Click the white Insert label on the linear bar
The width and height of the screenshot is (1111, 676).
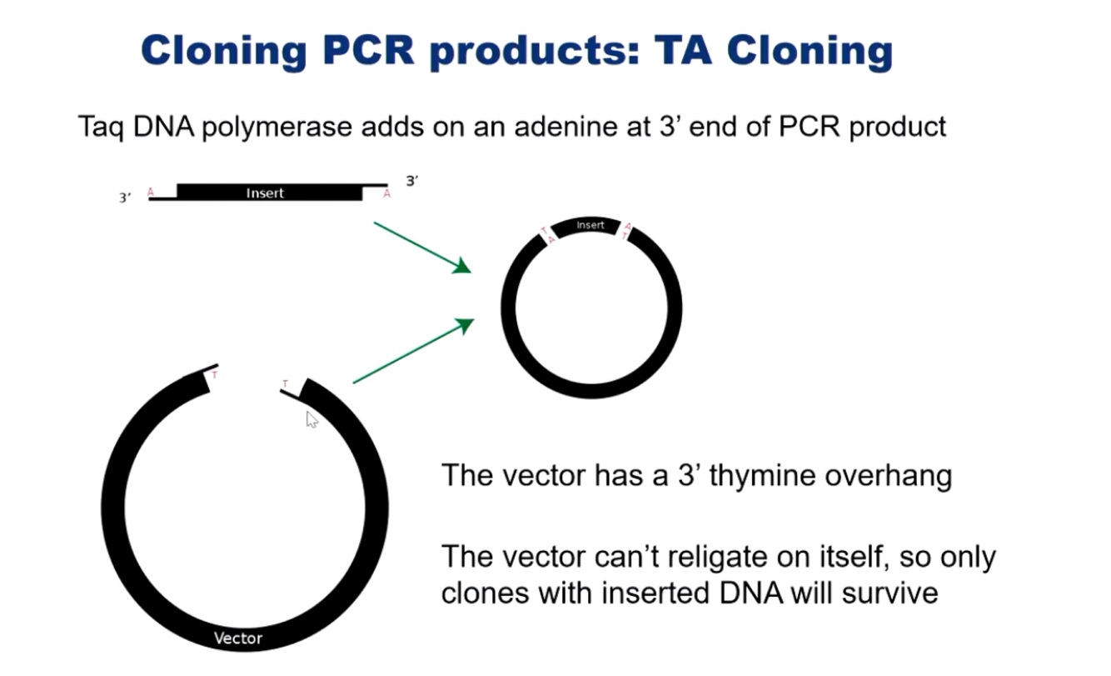(265, 193)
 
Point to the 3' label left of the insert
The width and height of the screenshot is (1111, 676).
(125, 198)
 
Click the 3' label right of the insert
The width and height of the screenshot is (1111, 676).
(411, 181)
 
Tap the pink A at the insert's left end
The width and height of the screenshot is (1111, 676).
(151, 193)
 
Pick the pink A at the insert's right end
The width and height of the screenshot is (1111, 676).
(386, 194)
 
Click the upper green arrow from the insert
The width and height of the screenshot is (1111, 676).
(421, 247)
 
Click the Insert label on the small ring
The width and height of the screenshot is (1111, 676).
(590, 225)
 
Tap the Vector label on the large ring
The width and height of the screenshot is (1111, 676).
(238, 639)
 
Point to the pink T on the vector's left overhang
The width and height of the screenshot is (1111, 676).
(214, 375)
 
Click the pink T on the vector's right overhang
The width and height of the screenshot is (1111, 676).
(285, 384)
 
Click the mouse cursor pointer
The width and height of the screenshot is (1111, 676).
(311, 419)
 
